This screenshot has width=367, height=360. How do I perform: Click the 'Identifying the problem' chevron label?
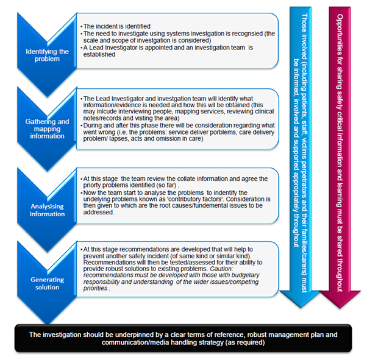48,55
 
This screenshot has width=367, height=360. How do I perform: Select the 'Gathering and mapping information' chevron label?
48,129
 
